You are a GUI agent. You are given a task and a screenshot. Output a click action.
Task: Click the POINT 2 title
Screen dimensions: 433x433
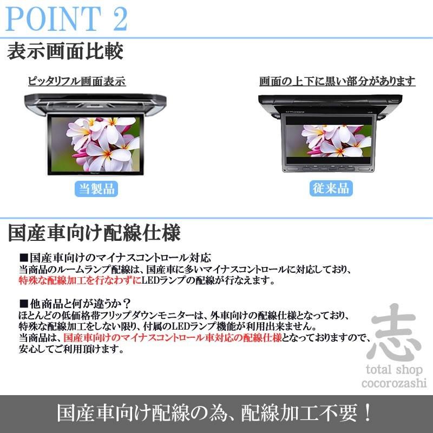[68, 19]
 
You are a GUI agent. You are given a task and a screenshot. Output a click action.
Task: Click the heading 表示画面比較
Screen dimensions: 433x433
[65, 53]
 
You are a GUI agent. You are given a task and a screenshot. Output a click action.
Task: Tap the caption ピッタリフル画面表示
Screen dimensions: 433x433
[77, 82]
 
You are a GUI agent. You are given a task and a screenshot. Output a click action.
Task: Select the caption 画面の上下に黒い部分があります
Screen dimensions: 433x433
[337, 82]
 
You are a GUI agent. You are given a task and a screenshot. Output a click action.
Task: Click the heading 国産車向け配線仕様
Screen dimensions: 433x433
[94, 233]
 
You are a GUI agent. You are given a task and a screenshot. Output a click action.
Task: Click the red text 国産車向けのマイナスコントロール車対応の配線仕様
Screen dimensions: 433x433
[172, 337]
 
